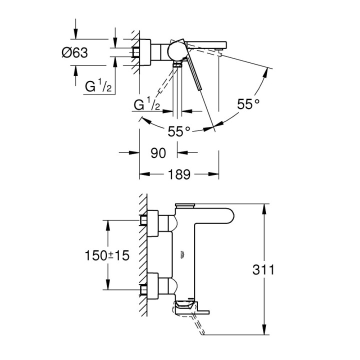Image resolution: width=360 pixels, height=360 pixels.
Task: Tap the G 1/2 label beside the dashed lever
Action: [147, 105]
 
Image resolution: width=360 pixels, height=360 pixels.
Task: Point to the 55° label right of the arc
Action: [248, 104]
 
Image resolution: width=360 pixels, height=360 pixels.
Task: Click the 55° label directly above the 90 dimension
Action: [179, 131]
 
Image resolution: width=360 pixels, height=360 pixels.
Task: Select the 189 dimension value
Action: [179, 174]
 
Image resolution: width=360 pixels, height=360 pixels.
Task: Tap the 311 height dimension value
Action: [264, 270]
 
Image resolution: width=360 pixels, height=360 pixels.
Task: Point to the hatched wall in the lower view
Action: [143, 255]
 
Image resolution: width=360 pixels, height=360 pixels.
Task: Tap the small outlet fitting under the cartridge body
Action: [177, 64]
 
